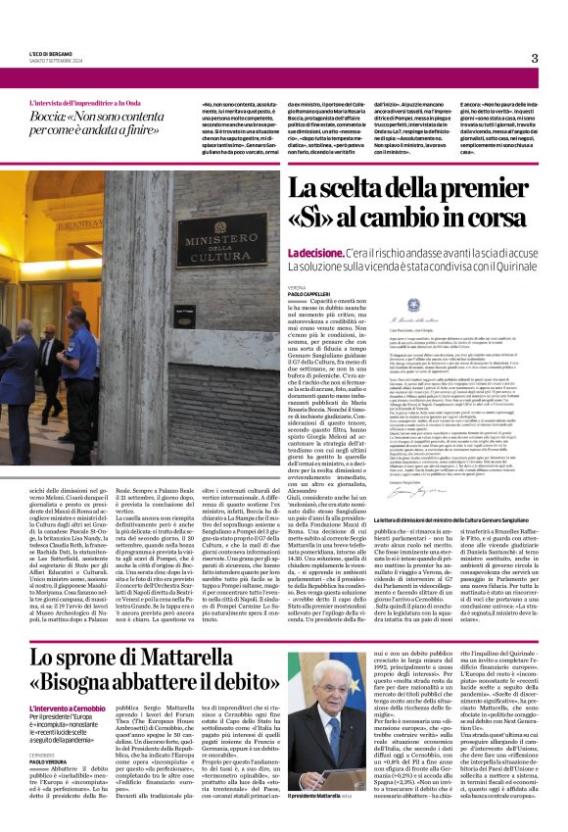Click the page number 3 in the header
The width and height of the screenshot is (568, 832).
tap(535, 58)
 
